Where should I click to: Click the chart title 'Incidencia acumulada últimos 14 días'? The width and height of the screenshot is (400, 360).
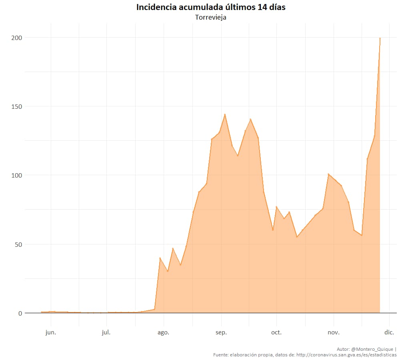(211, 7)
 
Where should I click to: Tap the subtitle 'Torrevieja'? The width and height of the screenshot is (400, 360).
(211, 18)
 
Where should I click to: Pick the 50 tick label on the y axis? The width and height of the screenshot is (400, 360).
(18, 244)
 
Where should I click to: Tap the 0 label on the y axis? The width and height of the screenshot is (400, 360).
(19, 313)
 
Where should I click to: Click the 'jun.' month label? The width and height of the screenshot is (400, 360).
(51, 332)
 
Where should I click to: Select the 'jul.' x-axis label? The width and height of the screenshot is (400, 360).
(106, 332)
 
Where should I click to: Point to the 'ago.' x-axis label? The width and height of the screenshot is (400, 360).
(163, 332)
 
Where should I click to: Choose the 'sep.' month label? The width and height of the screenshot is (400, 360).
(221, 332)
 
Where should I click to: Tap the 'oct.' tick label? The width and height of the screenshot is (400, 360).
(276, 332)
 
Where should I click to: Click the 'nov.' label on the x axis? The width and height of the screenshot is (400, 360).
(333, 332)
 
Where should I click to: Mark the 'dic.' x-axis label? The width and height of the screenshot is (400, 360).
(389, 332)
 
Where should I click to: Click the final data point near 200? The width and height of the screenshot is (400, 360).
(380, 38)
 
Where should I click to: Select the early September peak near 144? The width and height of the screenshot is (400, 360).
(225, 114)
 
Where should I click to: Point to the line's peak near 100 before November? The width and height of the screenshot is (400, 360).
(328, 174)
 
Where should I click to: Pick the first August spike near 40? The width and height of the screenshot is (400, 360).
(160, 258)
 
